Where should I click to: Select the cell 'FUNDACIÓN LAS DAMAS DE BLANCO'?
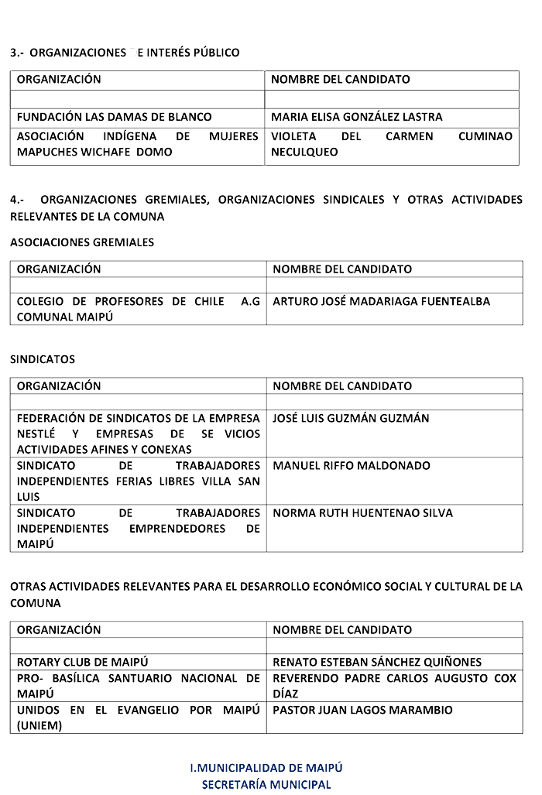click(114, 117)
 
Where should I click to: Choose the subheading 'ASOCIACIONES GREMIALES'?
click(82, 242)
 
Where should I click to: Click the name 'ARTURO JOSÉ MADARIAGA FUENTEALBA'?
click(382, 301)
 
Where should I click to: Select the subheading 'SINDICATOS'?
click(43, 359)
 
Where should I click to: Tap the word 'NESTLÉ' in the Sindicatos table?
click(42, 433)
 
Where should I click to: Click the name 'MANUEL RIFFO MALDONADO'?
click(351, 465)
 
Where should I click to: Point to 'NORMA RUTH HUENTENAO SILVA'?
click(363, 512)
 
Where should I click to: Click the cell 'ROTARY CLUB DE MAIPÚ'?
click(82, 662)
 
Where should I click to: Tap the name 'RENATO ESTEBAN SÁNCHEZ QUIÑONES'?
click(377, 662)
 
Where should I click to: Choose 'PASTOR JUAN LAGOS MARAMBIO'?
click(362, 710)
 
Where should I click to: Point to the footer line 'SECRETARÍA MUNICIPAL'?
click(266, 784)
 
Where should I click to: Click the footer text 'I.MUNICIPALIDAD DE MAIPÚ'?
click(266, 767)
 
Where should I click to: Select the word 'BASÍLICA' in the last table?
click(83, 678)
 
